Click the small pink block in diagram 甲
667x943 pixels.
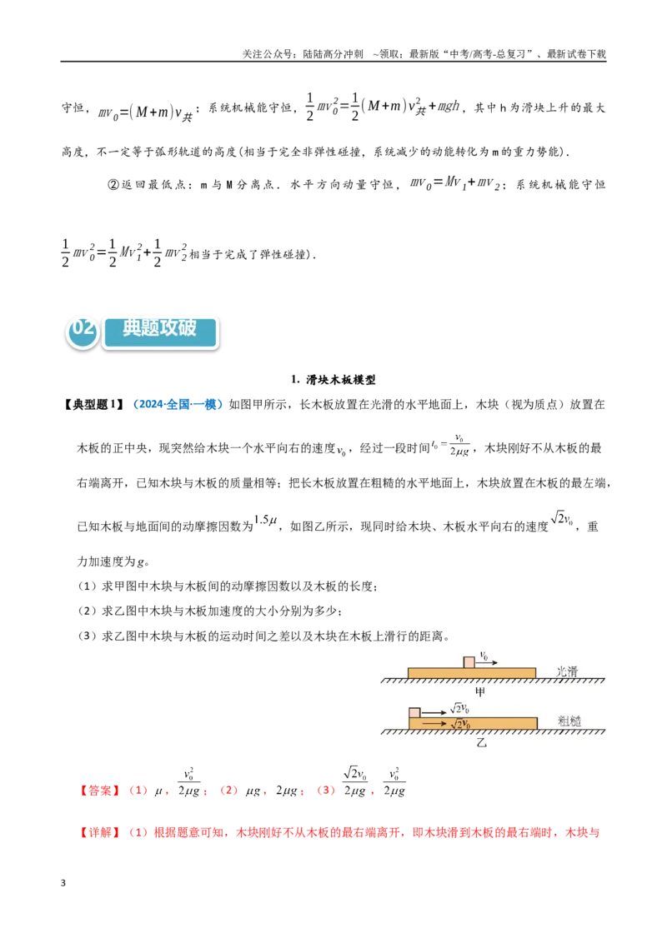pyautogui.click(x=469, y=662)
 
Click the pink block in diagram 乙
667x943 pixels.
pyautogui.click(x=414, y=712)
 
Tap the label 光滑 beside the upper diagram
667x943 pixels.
pyautogui.click(x=566, y=671)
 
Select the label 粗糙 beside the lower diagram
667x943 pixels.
pyautogui.click(x=569, y=721)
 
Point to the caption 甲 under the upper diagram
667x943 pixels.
pyautogui.click(x=479, y=691)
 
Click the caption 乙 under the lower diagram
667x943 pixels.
pyautogui.click(x=481, y=742)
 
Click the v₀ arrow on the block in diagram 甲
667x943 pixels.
pyautogui.click(x=486, y=663)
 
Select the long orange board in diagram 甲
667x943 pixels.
pyautogui.click(x=471, y=673)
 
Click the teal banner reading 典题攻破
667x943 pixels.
pyautogui.click(x=160, y=332)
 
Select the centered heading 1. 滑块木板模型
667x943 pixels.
pyautogui.click(x=333, y=380)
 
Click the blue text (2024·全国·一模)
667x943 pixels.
pyautogui.click(x=177, y=405)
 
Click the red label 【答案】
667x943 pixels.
pyautogui.click(x=99, y=791)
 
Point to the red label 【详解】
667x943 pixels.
pyautogui.click(x=99, y=833)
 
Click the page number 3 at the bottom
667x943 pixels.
pyautogui.click(x=63, y=883)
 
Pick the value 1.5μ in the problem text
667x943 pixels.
pyautogui.click(x=265, y=520)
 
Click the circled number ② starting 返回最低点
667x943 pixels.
pyautogui.click(x=113, y=185)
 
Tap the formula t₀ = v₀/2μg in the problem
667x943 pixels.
pyautogui.click(x=451, y=445)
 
